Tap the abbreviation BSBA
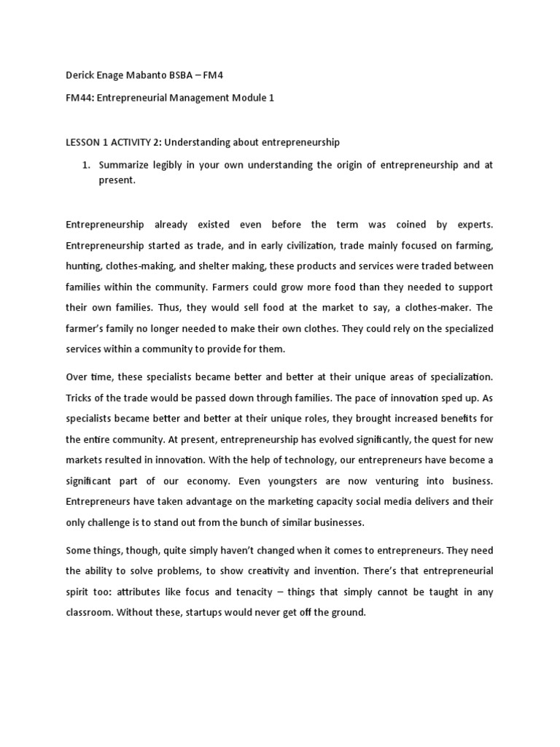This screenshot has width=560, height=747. tap(193, 74)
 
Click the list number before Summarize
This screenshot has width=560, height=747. tap(85, 165)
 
